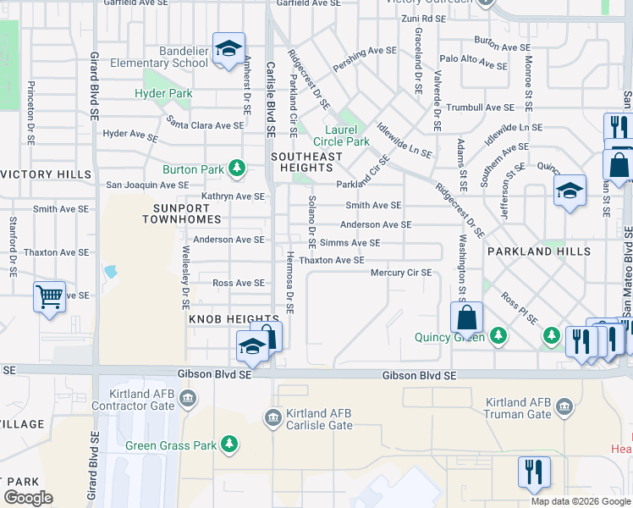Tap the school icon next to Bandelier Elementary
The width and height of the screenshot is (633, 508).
tap(228, 49)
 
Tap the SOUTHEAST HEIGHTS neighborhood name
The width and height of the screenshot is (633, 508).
tap(306, 163)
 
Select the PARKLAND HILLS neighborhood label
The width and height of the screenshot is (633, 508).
tap(538, 251)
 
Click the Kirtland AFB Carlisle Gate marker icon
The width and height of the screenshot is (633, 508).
tap(272, 417)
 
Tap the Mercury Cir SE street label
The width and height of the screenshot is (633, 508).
tap(401, 273)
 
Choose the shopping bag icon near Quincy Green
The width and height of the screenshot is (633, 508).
tap(466, 318)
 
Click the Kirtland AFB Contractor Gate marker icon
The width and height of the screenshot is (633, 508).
tap(188, 398)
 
